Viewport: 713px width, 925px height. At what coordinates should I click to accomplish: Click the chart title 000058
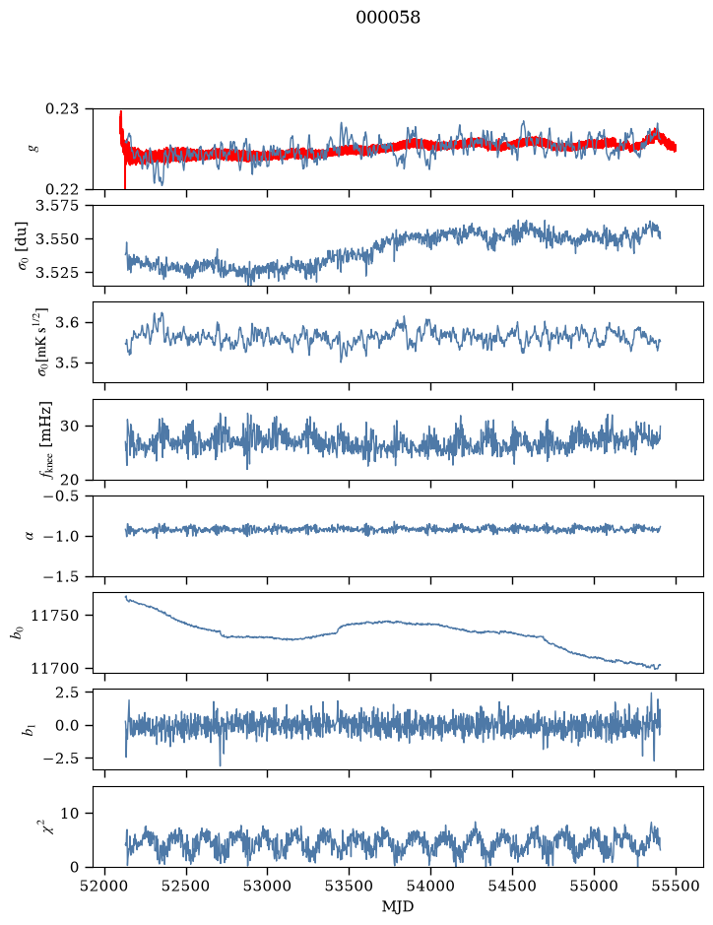click(x=387, y=18)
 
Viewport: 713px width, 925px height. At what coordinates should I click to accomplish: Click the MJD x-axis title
click(x=398, y=906)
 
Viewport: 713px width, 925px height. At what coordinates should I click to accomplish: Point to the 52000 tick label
click(x=105, y=887)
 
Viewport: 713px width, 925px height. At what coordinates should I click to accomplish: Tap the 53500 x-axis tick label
click(x=350, y=887)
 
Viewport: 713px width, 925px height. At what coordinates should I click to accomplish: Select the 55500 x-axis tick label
click(x=676, y=887)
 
